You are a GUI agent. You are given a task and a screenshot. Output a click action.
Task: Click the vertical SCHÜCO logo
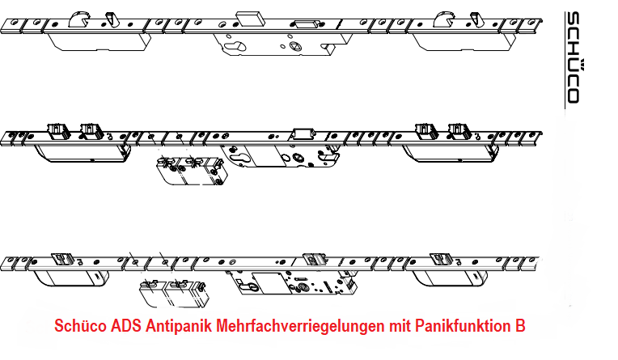572,57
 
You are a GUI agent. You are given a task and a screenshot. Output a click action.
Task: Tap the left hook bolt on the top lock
82,18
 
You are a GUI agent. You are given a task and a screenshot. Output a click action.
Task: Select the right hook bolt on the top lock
447,18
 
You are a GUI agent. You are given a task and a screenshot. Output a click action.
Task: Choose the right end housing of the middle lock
447,147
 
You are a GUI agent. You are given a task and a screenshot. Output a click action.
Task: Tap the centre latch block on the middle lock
303,133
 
